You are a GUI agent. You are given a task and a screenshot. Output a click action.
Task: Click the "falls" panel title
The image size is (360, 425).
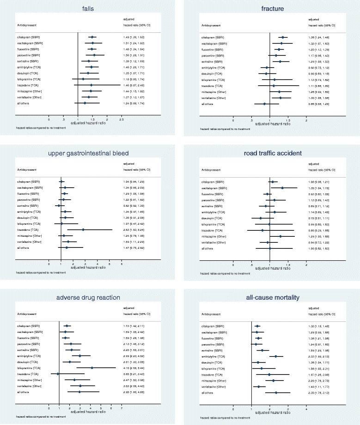[x=86, y=8]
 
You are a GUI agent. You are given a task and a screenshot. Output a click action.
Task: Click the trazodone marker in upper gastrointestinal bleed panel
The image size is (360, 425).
[x=83, y=229]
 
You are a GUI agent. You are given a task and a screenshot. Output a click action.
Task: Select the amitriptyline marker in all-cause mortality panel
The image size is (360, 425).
[x=276, y=343]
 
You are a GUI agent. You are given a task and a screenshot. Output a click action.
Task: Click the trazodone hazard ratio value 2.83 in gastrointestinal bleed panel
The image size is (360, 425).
[x=128, y=229]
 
